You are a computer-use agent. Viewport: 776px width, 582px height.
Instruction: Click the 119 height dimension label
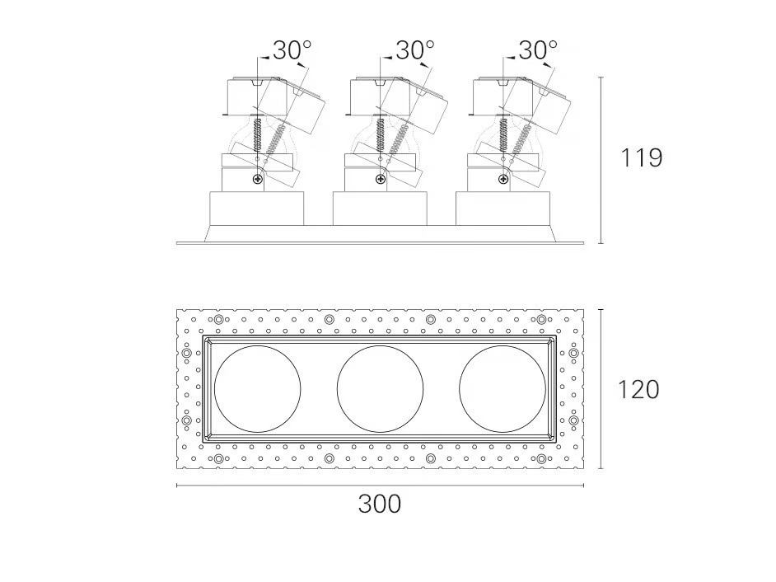point(641,157)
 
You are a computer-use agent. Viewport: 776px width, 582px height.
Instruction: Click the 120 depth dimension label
point(638,389)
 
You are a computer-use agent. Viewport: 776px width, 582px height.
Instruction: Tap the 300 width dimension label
point(380,505)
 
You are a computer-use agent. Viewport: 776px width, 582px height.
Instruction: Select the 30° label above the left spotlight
point(292,50)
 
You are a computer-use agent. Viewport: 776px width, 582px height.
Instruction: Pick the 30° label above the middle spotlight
point(414,50)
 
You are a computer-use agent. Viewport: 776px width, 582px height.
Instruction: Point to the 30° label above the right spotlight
point(538,50)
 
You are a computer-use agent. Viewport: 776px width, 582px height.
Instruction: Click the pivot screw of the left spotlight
point(257,180)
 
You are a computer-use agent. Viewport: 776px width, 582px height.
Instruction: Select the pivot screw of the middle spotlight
point(380,180)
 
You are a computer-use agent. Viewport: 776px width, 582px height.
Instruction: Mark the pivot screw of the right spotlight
point(503,180)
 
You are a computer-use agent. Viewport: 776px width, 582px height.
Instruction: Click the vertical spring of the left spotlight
point(257,134)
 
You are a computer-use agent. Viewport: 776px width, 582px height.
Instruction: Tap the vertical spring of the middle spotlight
point(380,134)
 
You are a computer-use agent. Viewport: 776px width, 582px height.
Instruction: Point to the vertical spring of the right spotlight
point(503,134)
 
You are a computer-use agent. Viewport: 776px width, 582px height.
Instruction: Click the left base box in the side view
point(257,209)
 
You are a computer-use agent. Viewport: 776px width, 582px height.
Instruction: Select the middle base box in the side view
point(380,209)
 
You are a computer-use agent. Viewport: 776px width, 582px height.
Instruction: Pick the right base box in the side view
point(503,209)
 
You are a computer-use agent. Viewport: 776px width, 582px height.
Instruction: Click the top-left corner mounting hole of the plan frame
point(218,320)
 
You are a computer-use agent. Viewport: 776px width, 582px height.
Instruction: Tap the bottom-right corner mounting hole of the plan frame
point(541,458)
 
